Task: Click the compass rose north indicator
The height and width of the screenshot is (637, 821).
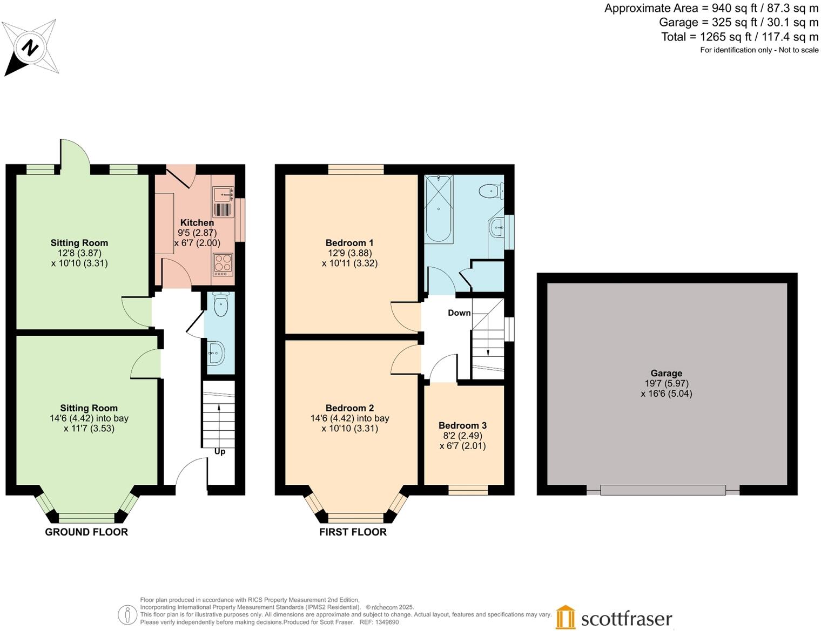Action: (30, 48)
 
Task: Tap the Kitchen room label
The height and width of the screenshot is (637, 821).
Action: (197, 222)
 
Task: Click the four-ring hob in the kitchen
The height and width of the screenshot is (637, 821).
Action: (223, 265)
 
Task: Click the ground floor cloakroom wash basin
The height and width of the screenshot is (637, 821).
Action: (217, 354)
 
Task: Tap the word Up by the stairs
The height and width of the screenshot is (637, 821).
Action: (220, 451)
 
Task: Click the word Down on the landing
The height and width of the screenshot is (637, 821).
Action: (459, 313)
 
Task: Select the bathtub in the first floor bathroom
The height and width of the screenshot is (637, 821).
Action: (438, 208)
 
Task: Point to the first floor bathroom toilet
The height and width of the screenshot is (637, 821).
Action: (490, 191)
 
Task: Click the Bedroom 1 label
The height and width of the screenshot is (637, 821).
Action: (349, 243)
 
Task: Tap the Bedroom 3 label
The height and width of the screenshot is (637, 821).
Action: (462, 425)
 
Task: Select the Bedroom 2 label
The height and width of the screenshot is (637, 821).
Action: (349, 408)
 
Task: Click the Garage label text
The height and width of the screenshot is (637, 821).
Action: (666, 373)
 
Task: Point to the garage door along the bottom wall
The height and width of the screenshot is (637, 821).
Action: (663, 490)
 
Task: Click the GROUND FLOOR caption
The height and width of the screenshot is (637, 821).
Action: (86, 532)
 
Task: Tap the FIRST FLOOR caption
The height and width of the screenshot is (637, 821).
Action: (353, 532)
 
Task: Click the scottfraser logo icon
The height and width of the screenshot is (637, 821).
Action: (566, 617)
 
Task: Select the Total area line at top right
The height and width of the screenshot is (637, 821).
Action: (739, 37)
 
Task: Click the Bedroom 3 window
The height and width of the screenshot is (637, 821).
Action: (468, 490)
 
